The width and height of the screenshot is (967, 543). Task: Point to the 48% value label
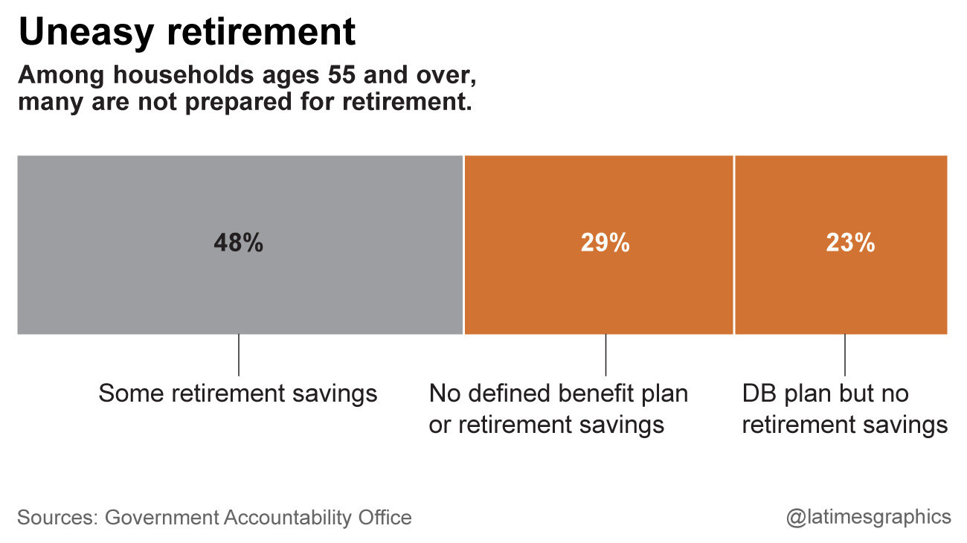point(238,243)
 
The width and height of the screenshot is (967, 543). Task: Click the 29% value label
point(605,243)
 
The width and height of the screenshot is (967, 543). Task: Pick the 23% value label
point(850,243)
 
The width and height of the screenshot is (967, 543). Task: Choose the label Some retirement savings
point(238,393)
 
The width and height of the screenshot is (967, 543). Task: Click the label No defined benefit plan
point(559,393)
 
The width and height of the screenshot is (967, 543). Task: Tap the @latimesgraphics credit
point(868,517)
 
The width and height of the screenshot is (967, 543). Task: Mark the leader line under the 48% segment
point(238,355)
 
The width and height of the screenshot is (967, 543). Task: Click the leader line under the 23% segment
point(844,355)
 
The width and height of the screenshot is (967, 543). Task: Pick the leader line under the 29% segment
point(605,355)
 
